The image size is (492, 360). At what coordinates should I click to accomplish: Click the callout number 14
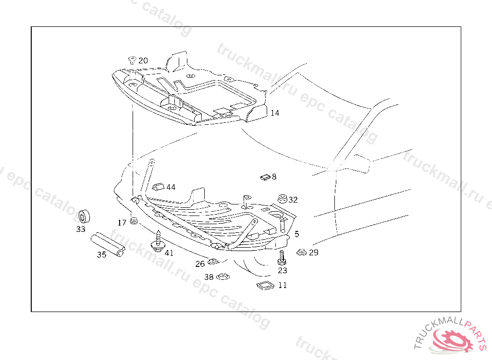pyautogui.click(x=274, y=113)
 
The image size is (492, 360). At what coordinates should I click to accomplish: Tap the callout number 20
pyautogui.click(x=143, y=61)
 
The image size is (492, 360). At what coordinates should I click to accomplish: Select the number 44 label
pyautogui.click(x=171, y=187)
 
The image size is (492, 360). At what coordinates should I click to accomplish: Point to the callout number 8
pyautogui.click(x=274, y=177)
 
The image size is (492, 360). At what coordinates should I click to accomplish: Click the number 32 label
pyautogui.click(x=293, y=200)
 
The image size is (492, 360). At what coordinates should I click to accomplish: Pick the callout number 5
pyautogui.click(x=296, y=234)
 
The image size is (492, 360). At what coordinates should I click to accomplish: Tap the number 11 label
pyautogui.click(x=283, y=285)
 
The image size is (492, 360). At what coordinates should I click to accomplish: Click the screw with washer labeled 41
pyautogui.click(x=158, y=242)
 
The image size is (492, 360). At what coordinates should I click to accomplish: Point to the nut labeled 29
pyautogui.click(x=301, y=252)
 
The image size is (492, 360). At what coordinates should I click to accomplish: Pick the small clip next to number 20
pyautogui.click(x=132, y=60)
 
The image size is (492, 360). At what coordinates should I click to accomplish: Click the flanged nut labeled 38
pyautogui.click(x=222, y=277)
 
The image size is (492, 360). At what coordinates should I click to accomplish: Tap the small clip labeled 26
pyautogui.click(x=213, y=262)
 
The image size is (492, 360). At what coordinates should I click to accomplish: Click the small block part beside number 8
pyautogui.click(x=265, y=177)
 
